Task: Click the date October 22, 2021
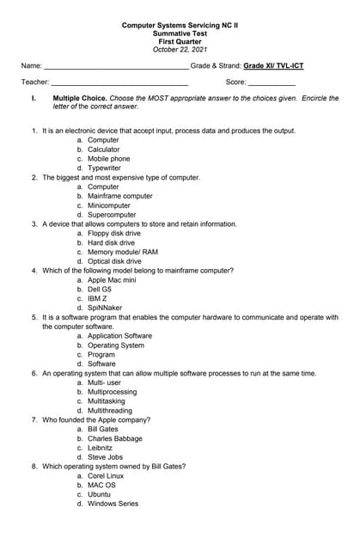click(180, 49)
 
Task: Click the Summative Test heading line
click(180, 34)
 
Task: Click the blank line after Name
click(116, 66)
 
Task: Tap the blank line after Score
click(272, 82)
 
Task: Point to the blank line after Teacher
click(119, 82)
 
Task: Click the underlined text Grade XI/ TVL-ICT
click(273, 65)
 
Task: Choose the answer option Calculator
click(103, 150)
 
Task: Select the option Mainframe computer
click(119, 196)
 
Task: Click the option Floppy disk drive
click(113, 234)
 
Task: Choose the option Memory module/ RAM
click(122, 253)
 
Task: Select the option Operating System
click(116, 345)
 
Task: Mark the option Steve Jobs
click(105, 457)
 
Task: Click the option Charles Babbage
click(114, 438)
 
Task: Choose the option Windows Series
click(113, 504)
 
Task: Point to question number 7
click(34, 419)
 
